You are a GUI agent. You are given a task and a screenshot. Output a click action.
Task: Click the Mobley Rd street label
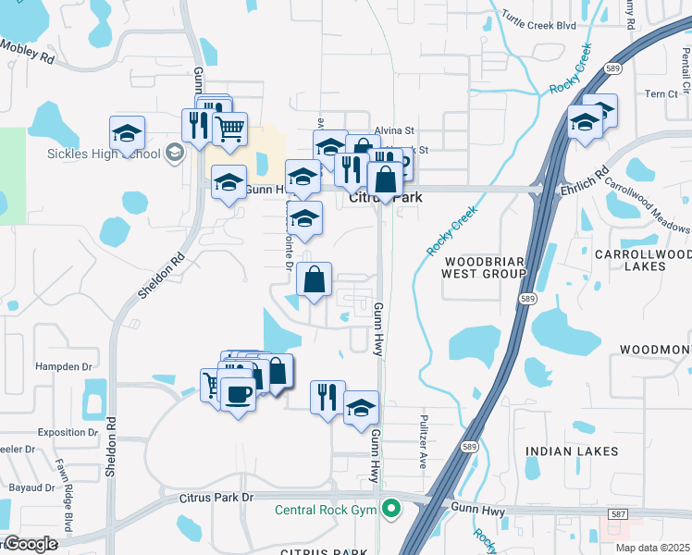28,50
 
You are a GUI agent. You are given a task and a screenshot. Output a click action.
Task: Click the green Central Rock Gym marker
392,508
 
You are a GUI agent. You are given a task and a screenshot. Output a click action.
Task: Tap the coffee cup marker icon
239,392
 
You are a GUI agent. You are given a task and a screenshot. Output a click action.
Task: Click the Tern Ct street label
661,93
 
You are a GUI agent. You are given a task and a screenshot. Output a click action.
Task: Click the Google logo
30,544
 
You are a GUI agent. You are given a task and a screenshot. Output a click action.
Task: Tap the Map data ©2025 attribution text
652,548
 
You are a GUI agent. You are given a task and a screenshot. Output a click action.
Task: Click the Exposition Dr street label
68,432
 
